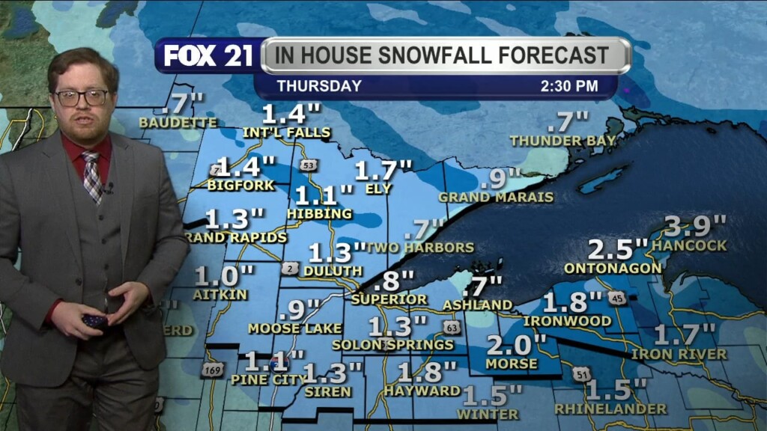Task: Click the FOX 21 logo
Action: click(x=208, y=56)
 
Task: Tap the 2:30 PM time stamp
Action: click(x=569, y=86)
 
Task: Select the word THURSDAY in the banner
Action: click(x=319, y=86)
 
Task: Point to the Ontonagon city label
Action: click(x=613, y=268)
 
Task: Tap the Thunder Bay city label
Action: click(x=563, y=141)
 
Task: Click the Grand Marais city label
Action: click(x=496, y=198)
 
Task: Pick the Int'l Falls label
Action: click(x=286, y=133)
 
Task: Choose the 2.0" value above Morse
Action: click(x=517, y=345)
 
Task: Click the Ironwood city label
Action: click(x=566, y=321)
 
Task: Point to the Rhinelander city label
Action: click(x=610, y=409)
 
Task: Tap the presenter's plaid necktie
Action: click(x=93, y=177)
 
